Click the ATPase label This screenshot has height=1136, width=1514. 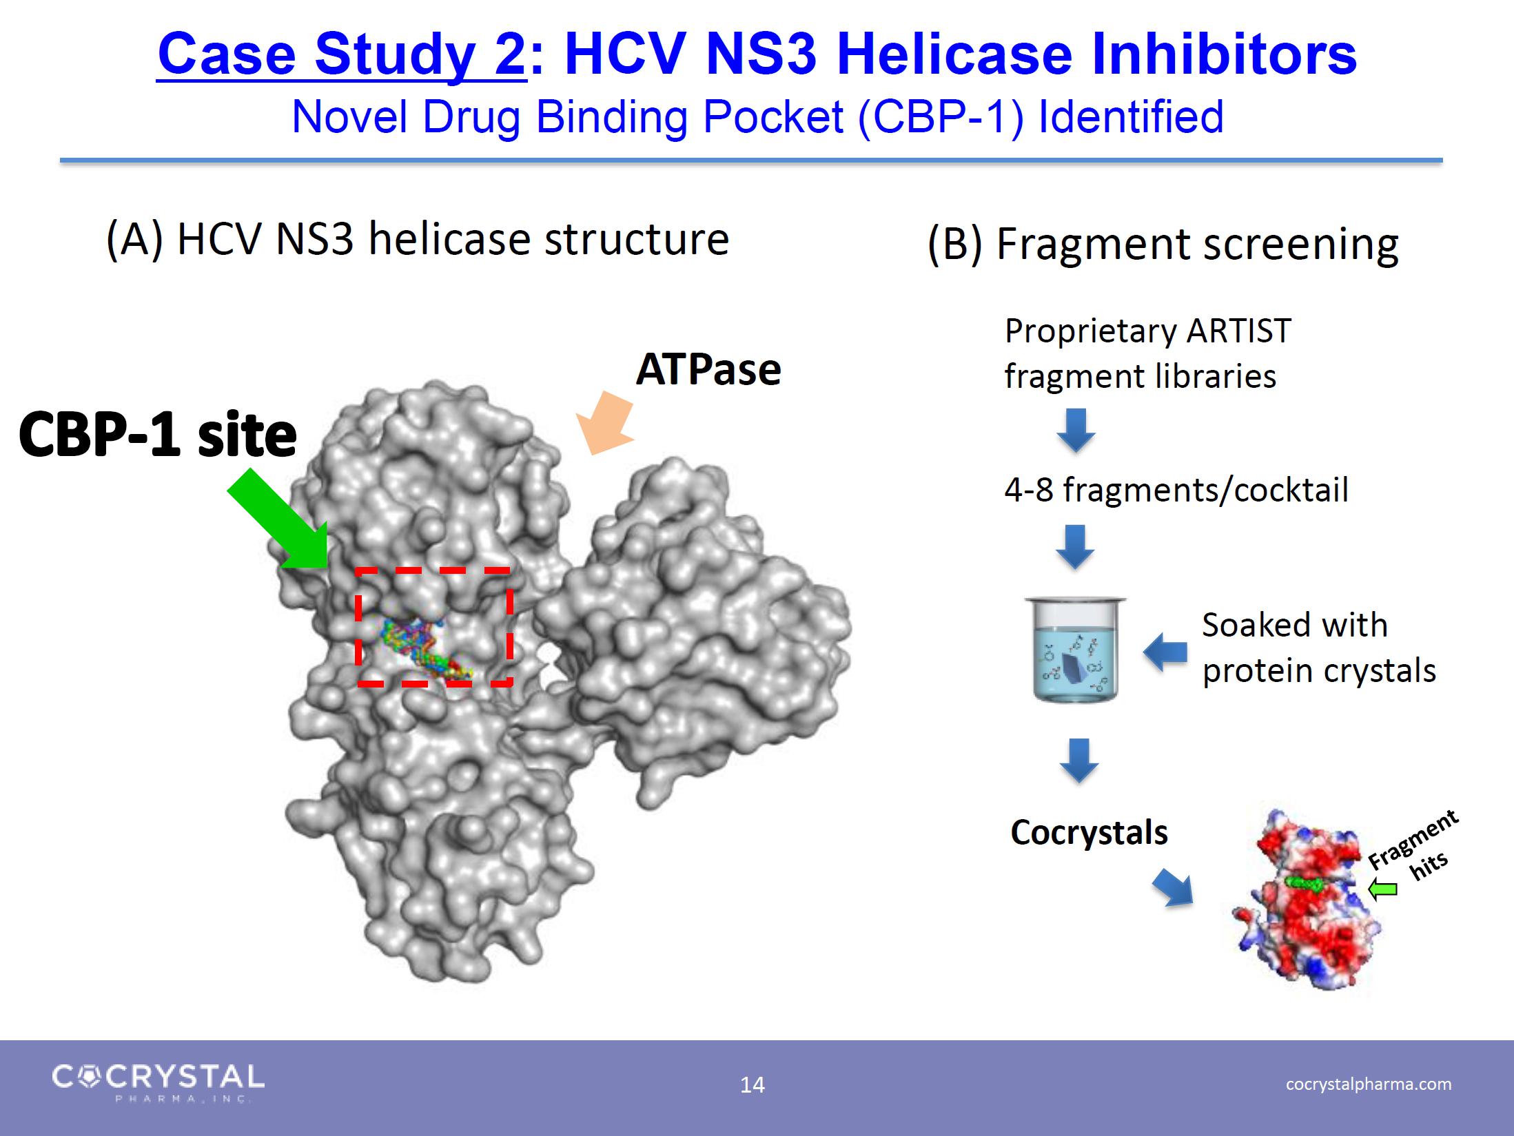point(708,370)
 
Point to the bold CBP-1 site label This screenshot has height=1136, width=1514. point(158,435)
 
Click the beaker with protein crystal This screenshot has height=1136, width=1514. point(1075,649)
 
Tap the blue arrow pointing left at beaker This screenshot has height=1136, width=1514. point(1165,651)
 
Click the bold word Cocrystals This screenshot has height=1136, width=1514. point(1089,832)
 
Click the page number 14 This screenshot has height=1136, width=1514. point(752,1085)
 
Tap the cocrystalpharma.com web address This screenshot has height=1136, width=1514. point(1369,1084)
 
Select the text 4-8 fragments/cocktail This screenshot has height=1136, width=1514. point(1176,490)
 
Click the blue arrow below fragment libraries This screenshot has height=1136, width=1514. point(1076,430)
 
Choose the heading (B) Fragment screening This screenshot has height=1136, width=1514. point(1163,244)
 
